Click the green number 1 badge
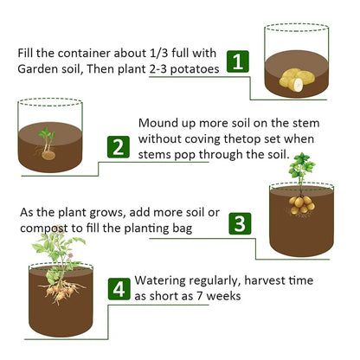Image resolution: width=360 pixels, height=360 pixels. (x=238, y=61)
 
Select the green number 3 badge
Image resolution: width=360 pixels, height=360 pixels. (x=240, y=223)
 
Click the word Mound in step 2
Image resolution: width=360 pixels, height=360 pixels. (x=159, y=124)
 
